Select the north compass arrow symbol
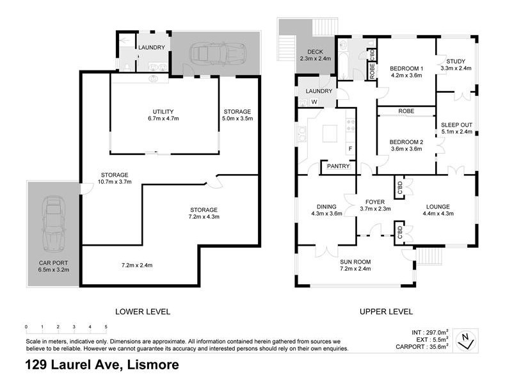pos(470,338)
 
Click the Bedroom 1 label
pos(406,68)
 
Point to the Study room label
pos(456,61)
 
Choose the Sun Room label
pos(355,262)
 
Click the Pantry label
pos(338,166)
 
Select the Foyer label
pos(375,202)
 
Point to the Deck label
pos(316,52)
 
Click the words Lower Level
pos(142,312)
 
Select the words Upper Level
pos(385,312)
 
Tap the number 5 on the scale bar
pos(106,326)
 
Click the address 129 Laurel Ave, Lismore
pos(102,365)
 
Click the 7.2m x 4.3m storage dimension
pos(204,218)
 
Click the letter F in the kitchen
pos(349,149)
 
